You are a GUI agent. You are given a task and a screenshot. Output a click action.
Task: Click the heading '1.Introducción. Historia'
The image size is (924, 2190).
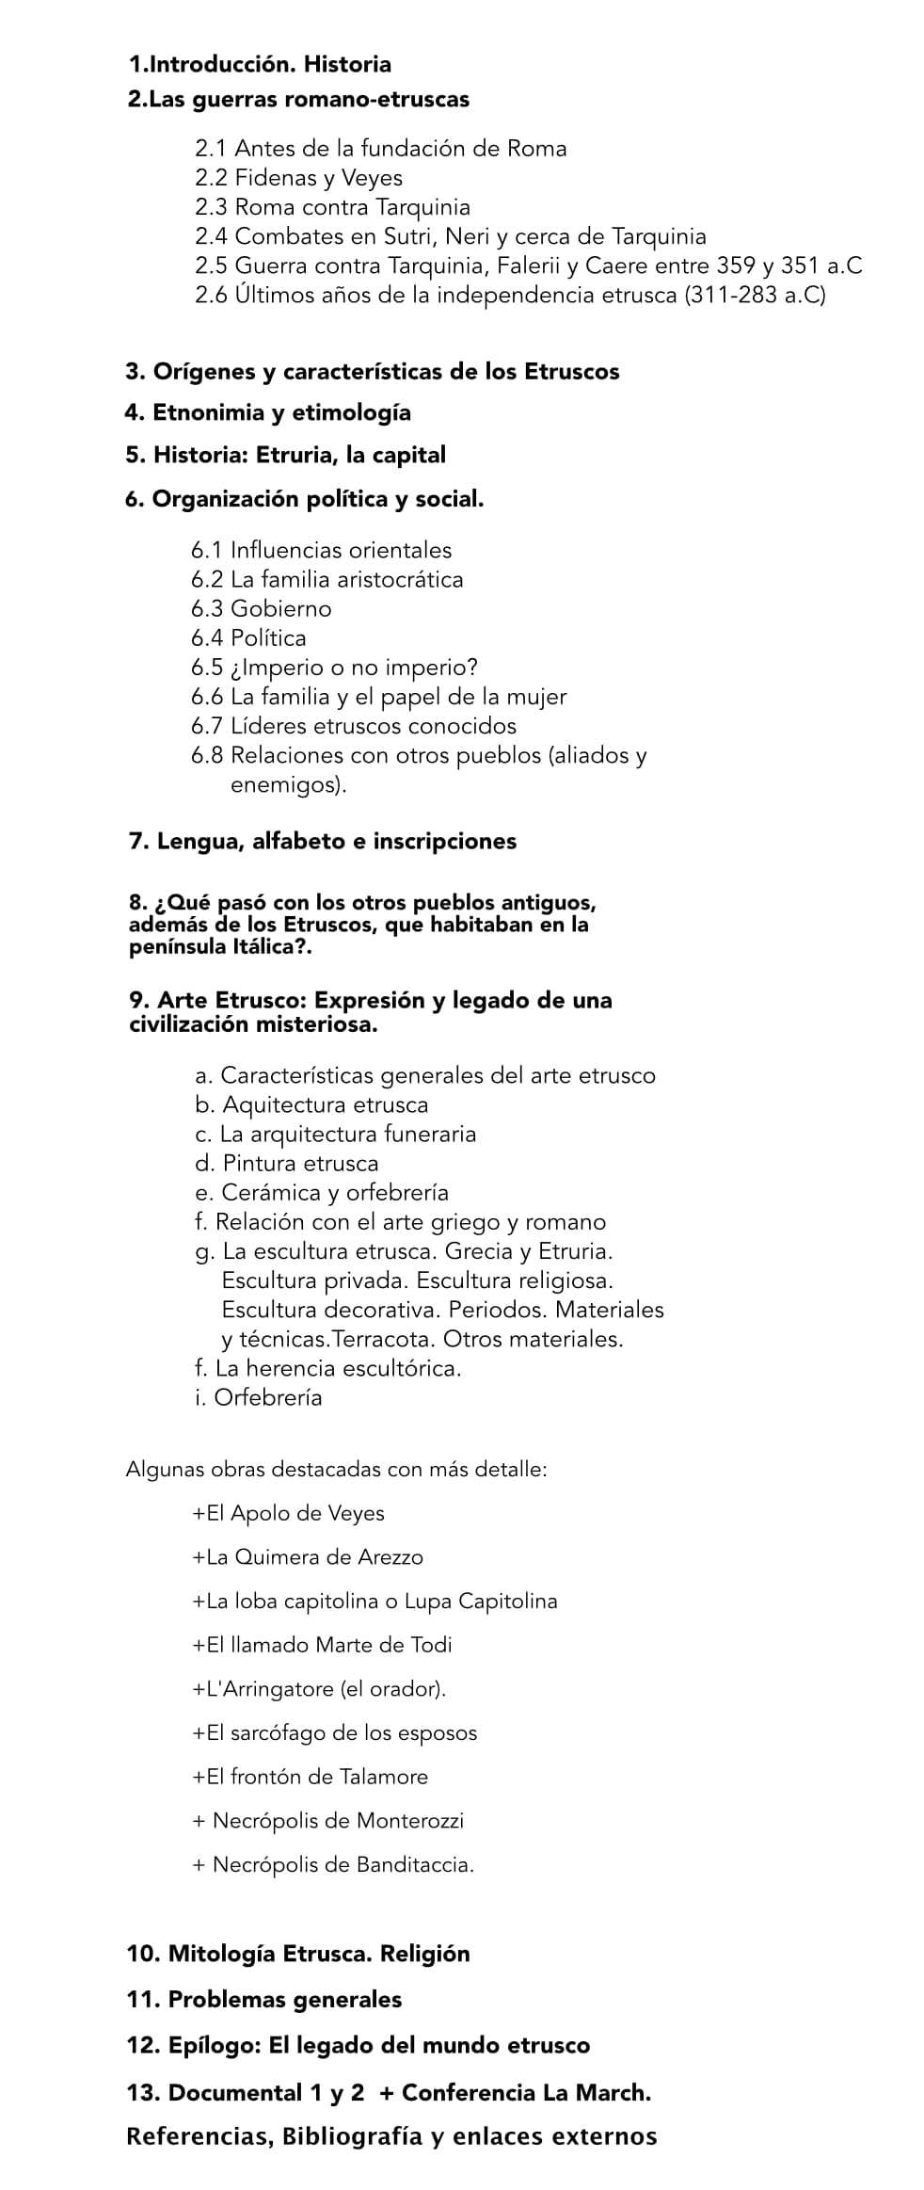(x=260, y=65)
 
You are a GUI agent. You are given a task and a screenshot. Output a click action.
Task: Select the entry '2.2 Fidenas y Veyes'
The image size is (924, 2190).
(x=298, y=178)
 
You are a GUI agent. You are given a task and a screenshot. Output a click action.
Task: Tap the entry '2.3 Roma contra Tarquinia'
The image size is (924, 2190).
(x=332, y=207)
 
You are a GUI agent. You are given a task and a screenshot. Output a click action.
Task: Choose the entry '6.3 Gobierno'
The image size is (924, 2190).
(x=261, y=609)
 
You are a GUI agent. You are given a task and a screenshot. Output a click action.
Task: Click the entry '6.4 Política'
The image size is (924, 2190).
(x=248, y=638)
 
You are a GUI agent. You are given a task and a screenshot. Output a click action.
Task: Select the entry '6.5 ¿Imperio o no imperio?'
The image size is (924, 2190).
(x=334, y=668)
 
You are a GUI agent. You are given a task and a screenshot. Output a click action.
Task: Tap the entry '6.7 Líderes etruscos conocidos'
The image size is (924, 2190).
(x=353, y=726)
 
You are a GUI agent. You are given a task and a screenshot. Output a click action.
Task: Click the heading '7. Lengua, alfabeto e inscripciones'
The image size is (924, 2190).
(x=322, y=841)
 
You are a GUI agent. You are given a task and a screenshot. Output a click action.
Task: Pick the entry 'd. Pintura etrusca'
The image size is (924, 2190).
(x=286, y=1163)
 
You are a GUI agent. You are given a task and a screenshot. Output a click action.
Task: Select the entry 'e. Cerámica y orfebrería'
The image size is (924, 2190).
(x=321, y=1193)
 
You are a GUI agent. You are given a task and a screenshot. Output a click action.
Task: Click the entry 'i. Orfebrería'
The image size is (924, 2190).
(x=258, y=1397)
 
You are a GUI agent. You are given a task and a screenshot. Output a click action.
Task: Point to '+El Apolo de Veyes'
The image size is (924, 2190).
(x=288, y=1513)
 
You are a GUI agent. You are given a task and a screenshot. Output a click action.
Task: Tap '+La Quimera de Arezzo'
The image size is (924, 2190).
(x=307, y=1557)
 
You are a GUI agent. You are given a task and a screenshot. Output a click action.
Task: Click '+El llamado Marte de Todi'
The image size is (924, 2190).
(x=322, y=1645)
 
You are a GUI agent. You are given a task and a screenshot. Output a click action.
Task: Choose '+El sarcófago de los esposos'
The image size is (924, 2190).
(x=334, y=1732)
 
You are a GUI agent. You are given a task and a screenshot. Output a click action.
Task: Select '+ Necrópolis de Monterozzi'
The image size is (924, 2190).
(x=327, y=1820)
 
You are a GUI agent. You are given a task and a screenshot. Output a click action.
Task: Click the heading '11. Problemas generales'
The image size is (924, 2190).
(x=263, y=1999)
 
